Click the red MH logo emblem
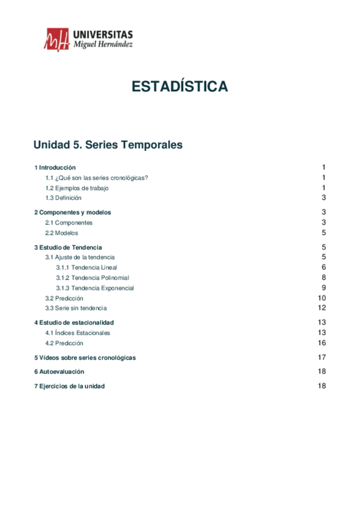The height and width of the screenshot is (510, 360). pos(56,40)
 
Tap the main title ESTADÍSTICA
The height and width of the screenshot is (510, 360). pos(180,87)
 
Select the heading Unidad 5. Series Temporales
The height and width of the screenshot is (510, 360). pos(108,145)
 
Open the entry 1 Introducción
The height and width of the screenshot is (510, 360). pos(55,167)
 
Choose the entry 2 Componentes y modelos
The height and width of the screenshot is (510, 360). pos(72,212)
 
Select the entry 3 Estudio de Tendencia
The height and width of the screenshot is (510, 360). pos(68,247)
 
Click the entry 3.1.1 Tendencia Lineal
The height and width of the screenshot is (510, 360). pos(87,267)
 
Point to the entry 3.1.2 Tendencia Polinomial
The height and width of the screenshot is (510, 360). pos(93,277)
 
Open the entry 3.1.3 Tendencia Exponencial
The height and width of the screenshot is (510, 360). pos(95,287)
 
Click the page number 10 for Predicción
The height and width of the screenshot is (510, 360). pos(322,298)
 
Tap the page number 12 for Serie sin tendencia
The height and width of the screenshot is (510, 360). pos(322,308)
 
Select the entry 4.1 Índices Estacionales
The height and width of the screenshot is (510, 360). pos(78,333)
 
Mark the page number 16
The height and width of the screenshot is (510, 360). pos(322,343)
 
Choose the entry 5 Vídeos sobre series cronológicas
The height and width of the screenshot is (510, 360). pos(85,357)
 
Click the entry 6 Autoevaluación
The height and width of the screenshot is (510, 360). pos(59,372)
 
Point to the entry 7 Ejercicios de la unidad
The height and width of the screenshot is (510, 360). pos(69,386)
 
